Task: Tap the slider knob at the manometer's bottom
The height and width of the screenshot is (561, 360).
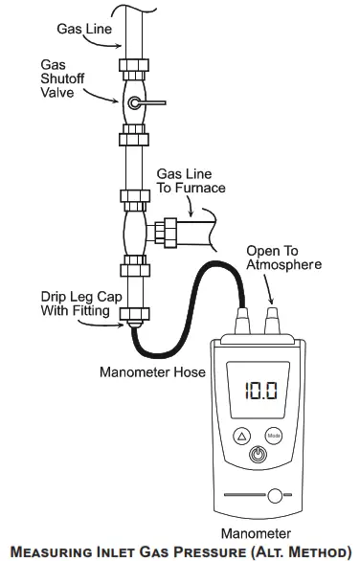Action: tap(276, 496)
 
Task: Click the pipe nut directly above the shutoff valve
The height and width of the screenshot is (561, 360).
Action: tap(133, 69)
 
